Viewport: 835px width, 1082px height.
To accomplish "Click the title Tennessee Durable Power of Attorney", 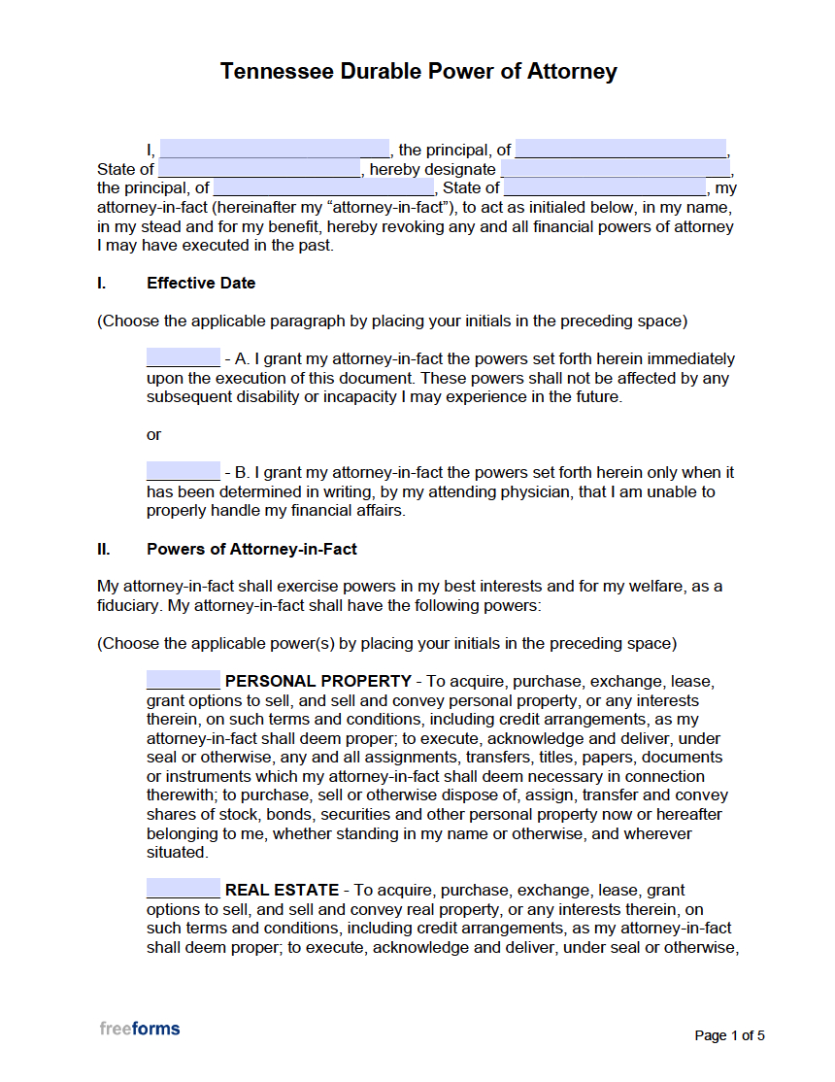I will (x=417, y=72).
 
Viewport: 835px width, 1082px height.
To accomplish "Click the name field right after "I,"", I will (x=274, y=150).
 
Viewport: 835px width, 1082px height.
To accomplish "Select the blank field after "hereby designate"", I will (x=615, y=169).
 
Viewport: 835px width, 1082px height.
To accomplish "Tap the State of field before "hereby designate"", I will (x=259, y=169).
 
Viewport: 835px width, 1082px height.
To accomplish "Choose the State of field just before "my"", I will (x=605, y=188).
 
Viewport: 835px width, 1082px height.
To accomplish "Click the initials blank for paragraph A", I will (x=184, y=358).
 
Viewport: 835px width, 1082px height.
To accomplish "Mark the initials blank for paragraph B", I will (x=184, y=472).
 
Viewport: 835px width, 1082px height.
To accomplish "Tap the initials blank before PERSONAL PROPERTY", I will (x=184, y=681).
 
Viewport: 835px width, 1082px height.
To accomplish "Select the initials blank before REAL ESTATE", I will (x=184, y=890).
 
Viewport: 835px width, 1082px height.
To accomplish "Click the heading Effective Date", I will (x=201, y=284).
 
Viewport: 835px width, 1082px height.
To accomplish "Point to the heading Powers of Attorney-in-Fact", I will (x=251, y=549).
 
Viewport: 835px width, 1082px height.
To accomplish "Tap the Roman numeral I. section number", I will (x=101, y=284).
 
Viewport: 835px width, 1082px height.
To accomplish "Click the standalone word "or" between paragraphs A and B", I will (x=153, y=434).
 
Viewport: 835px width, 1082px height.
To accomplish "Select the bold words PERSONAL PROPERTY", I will (x=317, y=681).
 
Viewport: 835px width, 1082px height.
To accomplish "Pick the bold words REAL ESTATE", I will (x=282, y=890).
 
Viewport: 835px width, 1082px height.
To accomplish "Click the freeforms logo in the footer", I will (x=139, y=1029).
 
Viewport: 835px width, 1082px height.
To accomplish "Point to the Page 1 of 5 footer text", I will (x=729, y=1035).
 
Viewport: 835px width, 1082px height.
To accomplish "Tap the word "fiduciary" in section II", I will (x=128, y=605).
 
